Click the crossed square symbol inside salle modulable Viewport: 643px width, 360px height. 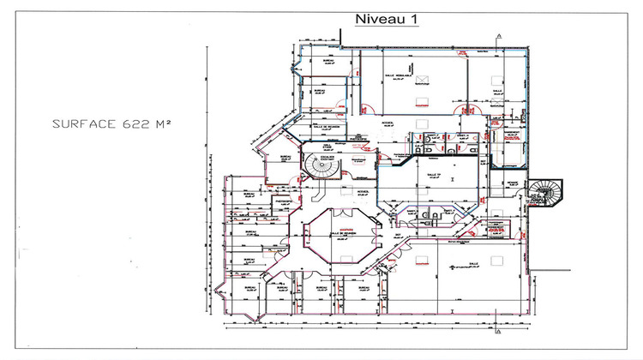(419, 77)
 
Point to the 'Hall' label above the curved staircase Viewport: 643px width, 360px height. (328, 147)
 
